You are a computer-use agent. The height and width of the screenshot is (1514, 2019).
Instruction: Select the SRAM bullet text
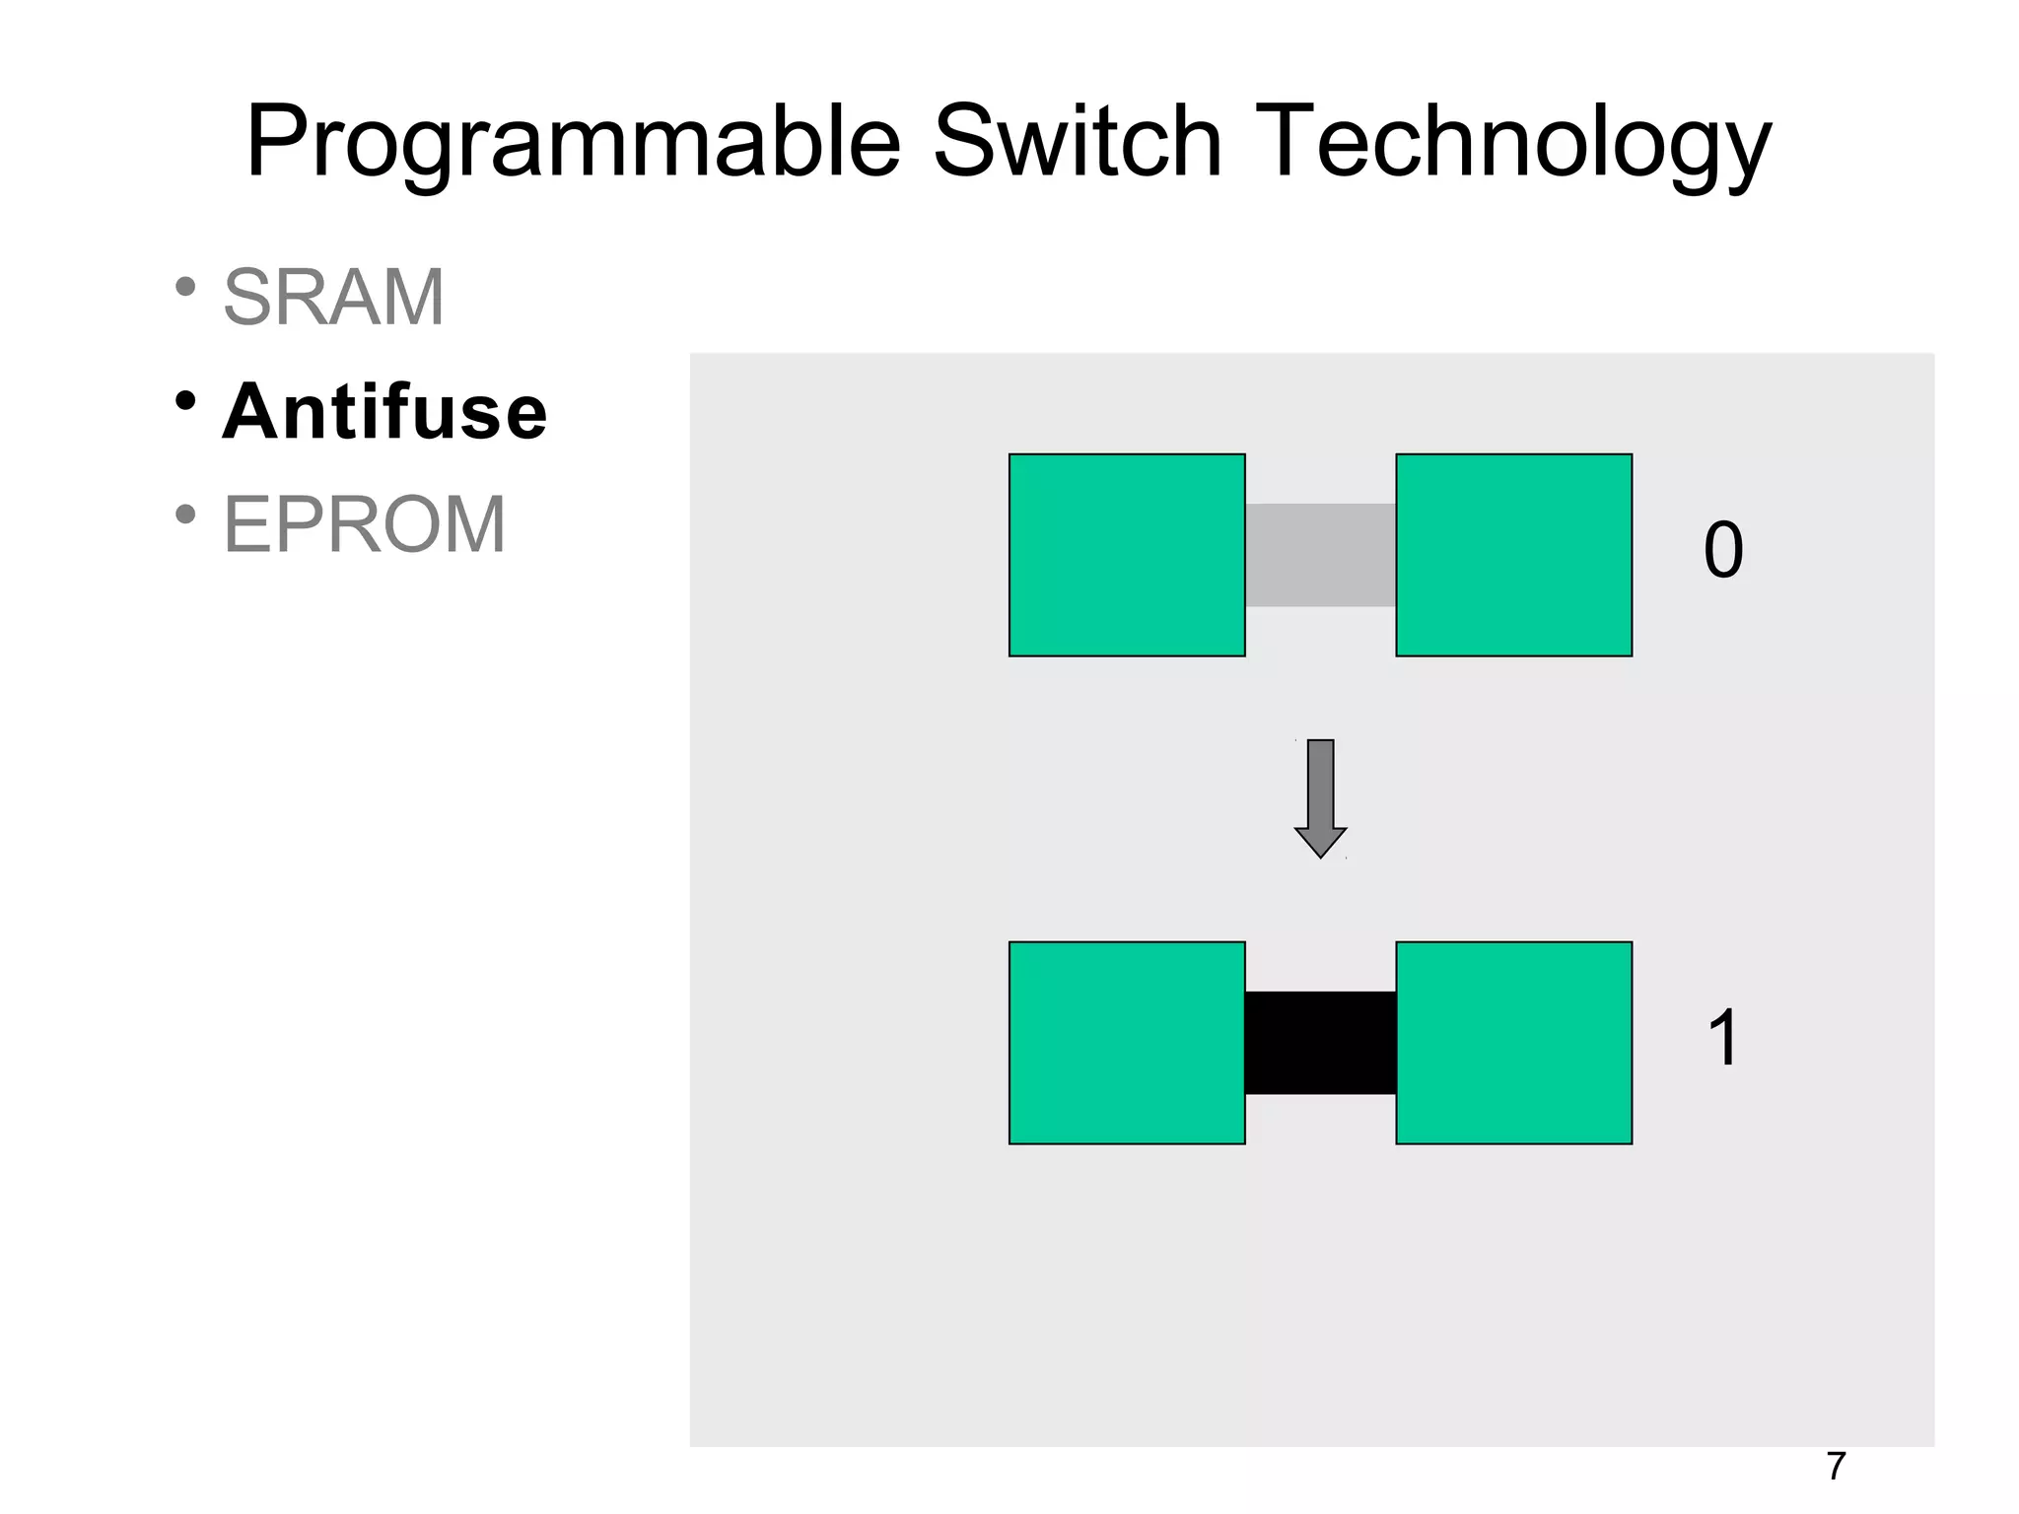pos(334,297)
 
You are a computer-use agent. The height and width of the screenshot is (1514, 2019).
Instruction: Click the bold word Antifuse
pos(384,411)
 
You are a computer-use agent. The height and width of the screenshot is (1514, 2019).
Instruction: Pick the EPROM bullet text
pos(365,524)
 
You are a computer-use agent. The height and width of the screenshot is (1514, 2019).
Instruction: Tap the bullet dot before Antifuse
pos(184,401)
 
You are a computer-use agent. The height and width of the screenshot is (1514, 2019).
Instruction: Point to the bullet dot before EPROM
pos(184,515)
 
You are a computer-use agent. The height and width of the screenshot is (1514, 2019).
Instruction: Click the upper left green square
pos(1127,555)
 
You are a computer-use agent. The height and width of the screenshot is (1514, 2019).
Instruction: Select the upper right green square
pos(1513,555)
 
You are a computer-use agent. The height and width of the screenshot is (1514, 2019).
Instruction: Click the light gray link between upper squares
pos(1320,555)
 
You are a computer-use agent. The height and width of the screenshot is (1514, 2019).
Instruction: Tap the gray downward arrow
pos(1320,798)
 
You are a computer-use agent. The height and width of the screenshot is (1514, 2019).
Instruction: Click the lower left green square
pos(1127,1043)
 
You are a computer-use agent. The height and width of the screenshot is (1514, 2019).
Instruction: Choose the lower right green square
pos(1513,1043)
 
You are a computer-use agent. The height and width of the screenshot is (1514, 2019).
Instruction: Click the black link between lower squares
pos(1320,1043)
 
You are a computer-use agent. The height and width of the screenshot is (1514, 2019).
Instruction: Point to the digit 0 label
pos(1723,551)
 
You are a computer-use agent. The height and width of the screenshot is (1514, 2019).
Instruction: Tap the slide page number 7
pos(1835,1467)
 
